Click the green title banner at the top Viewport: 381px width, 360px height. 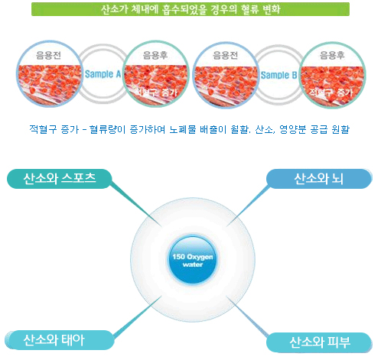pos(190,9)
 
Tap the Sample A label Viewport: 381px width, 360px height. pos(103,74)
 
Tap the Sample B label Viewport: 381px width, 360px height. pos(278,75)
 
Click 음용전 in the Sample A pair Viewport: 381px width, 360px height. pos(48,55)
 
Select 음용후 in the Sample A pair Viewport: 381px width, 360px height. pos(155,55)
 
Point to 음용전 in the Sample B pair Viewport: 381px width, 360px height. pos(225,55)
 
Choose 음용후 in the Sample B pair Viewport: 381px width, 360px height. pos(332,55)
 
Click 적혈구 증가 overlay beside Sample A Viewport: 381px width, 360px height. pos(156,92)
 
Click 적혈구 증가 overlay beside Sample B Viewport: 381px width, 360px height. pos(331,92)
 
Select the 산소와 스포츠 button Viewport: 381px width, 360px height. pos(59,179)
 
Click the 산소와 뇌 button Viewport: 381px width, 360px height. pos(319,179)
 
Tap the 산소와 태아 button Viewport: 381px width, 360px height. pos(59,340)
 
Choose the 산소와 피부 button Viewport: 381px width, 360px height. pos(319,342)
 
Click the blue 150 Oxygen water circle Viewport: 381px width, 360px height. pos(193,260)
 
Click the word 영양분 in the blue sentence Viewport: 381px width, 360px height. pos(293,129)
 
